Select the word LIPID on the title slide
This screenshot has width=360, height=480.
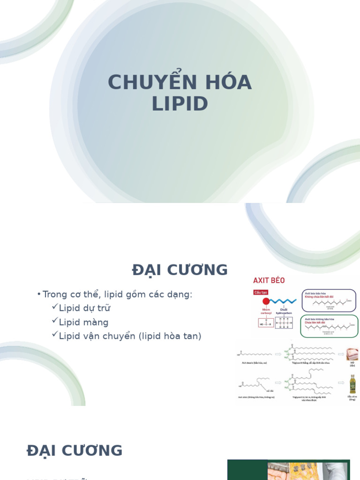180,104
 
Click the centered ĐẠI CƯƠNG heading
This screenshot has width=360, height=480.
180,270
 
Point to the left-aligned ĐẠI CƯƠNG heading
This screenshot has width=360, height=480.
75,450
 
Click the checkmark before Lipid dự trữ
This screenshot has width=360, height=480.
55,307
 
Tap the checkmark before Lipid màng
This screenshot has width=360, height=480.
55,321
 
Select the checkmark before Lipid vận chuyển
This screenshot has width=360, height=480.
55,335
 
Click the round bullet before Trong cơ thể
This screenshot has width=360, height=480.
39,294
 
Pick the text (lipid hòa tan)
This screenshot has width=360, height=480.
170,336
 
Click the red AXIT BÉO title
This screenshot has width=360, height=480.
269,280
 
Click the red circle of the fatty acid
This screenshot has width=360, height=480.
266,301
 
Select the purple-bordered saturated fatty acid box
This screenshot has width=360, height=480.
328,300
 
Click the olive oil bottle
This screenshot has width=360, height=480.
352,384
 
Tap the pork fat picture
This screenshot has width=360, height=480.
352,354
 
